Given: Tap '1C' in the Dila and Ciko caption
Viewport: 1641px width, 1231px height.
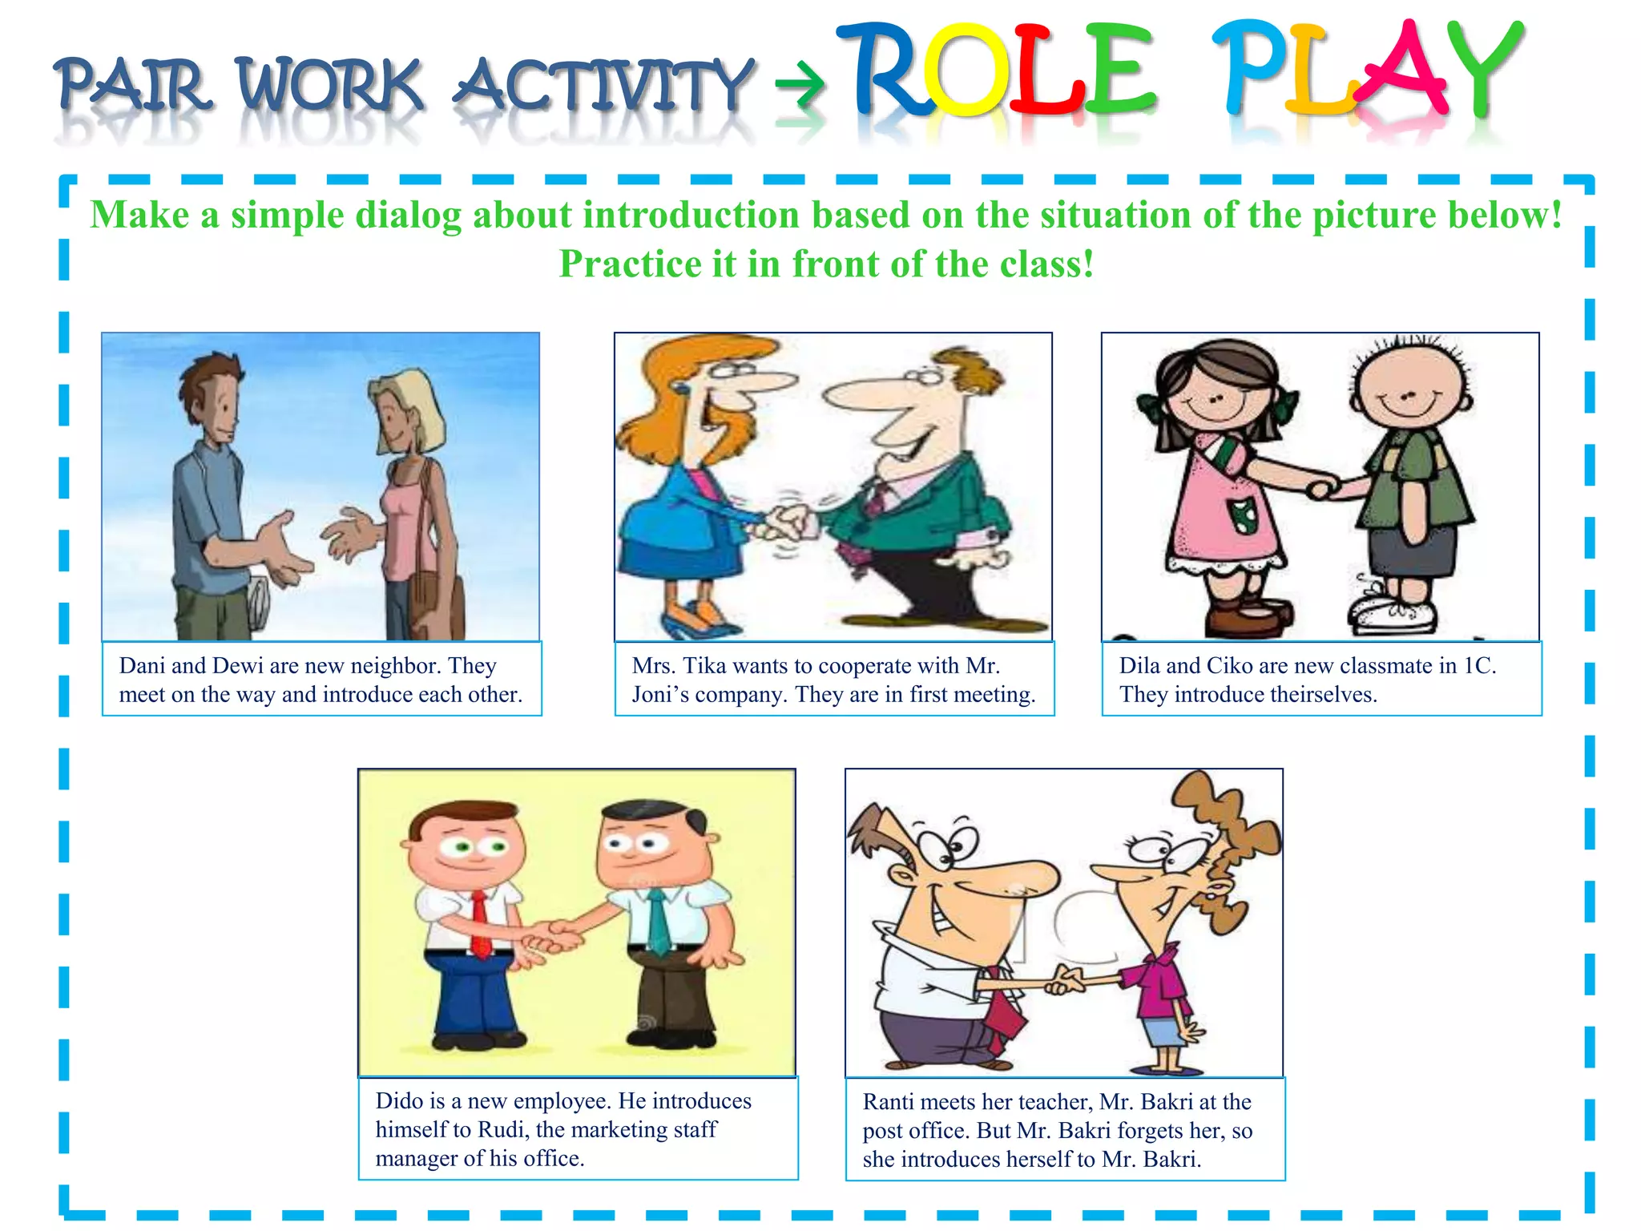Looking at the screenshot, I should pyautogui.click(x=1478, y=666).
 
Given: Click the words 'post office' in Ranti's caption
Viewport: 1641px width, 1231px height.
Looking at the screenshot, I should pyautogui.click(x=916, y=1131).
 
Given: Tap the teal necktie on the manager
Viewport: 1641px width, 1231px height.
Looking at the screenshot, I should pyautogui.click(x=659, y=922).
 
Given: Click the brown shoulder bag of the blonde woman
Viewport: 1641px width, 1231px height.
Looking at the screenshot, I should pyautogui.click(x=437, y=593).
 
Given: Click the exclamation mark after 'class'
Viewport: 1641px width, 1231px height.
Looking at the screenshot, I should pyautogui.click(x=1088, y=264).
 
